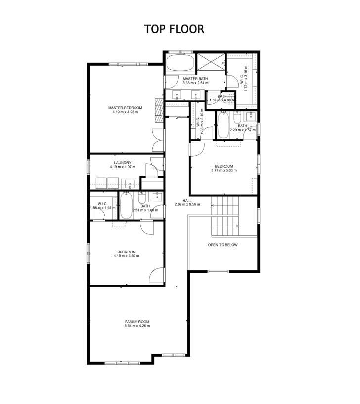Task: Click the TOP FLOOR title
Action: tap(174, 29)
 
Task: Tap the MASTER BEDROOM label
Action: tap(125, 108)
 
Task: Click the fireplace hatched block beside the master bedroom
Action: tap(159, 109)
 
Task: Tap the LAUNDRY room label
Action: tap(122, 163)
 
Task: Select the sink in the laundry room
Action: tap(131, 184)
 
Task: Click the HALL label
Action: tap(187, 200)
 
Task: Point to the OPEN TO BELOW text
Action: tap(223, 245)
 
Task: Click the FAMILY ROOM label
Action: tap(137, 321)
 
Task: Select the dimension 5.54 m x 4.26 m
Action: tap(137, 326)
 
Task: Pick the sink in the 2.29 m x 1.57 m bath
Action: tap(250, 117)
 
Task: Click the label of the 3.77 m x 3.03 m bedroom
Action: tap(224, 166)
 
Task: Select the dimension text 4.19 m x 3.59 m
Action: tap(126, 256)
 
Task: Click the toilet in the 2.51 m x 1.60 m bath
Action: tap(141, 199)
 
